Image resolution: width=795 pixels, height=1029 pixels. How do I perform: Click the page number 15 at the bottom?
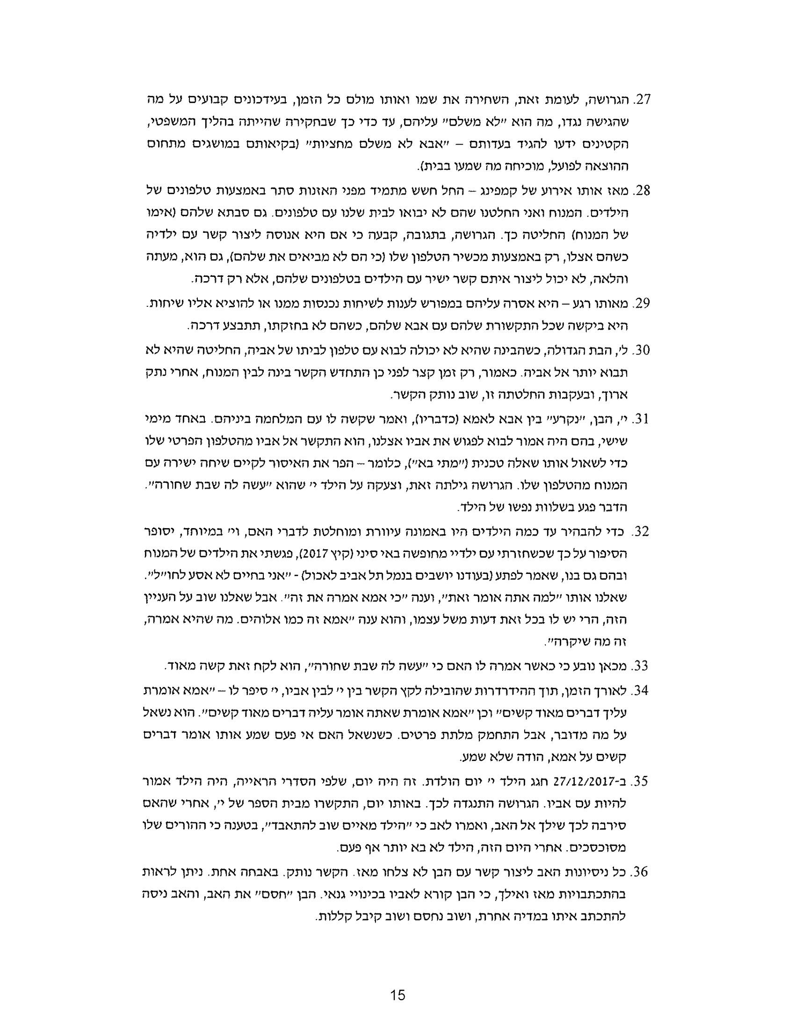point(397,995)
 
